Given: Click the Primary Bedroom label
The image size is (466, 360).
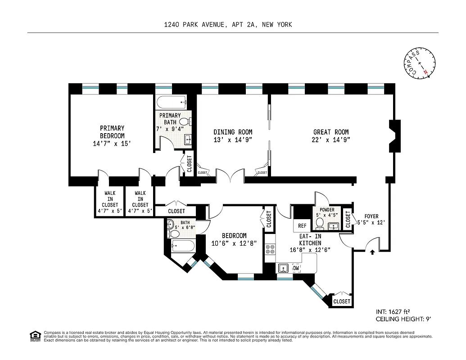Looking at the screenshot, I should (112, 132).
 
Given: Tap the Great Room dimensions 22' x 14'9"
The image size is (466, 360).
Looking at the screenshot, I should (331, 139).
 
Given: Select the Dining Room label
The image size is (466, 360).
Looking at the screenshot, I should (232, 132).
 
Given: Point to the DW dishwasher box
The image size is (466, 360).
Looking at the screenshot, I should (296, 268).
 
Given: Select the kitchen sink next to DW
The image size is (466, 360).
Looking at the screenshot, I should (283, 269).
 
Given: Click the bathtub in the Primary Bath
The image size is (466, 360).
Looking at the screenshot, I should (172, 102).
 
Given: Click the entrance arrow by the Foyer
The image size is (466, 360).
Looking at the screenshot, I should (372, 253).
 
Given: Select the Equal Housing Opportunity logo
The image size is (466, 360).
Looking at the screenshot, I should (34, 335).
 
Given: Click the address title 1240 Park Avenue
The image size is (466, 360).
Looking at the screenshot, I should (228, 24).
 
